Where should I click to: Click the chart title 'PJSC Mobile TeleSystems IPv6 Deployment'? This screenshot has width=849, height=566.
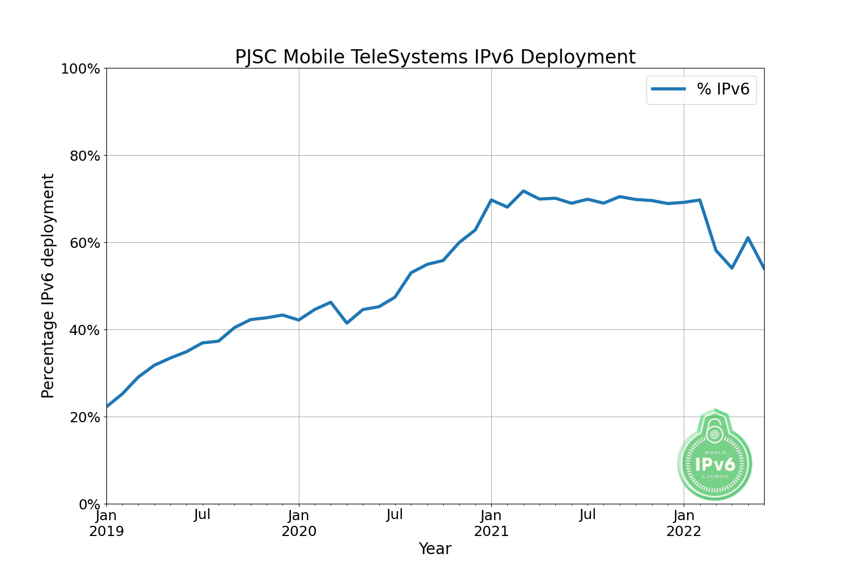(435, 57)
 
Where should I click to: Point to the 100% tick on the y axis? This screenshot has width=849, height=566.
(80, 68)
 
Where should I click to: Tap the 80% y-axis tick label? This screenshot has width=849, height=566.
(84, 156)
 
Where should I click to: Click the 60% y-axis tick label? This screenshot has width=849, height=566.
(84, 243)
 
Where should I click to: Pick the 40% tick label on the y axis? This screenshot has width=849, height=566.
(84, 330)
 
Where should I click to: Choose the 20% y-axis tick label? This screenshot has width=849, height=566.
(84, 417)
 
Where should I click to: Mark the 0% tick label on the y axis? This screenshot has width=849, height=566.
(89, 504)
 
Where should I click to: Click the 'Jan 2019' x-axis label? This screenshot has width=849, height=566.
(106, 524)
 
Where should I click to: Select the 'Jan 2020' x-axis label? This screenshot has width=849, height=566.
(299, 524)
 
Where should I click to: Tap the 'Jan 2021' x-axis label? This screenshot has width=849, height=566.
(491, 524)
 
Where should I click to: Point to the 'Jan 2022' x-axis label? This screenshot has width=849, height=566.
(684, 524)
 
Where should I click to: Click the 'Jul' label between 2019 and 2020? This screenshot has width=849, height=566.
(202, 515)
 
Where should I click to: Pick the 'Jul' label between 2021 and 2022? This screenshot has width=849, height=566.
(588, 515)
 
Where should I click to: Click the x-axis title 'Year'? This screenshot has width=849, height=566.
(435, 548)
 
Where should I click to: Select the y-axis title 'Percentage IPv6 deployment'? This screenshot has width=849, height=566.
(48, 286)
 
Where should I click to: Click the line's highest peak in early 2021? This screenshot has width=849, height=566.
(523, 191)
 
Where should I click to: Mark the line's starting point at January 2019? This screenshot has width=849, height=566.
(107, 406)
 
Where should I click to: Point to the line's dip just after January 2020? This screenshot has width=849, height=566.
(347, 323)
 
